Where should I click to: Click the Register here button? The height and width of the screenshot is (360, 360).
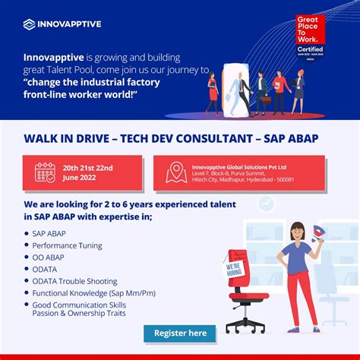(x=180, y=333)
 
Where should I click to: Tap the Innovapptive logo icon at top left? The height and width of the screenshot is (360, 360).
(x=28, y=24)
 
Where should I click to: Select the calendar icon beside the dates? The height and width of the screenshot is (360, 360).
(x=45, y=172)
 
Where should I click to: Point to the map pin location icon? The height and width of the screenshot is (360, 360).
(x=176, y=172)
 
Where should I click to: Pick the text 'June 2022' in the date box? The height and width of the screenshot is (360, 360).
(x=80, y=178)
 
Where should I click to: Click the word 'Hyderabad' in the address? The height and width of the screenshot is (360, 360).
(x=258, y=180)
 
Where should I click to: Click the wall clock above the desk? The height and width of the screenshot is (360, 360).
(x=267, y=204)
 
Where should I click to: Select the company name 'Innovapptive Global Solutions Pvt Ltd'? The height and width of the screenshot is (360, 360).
(x=238, y=166)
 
